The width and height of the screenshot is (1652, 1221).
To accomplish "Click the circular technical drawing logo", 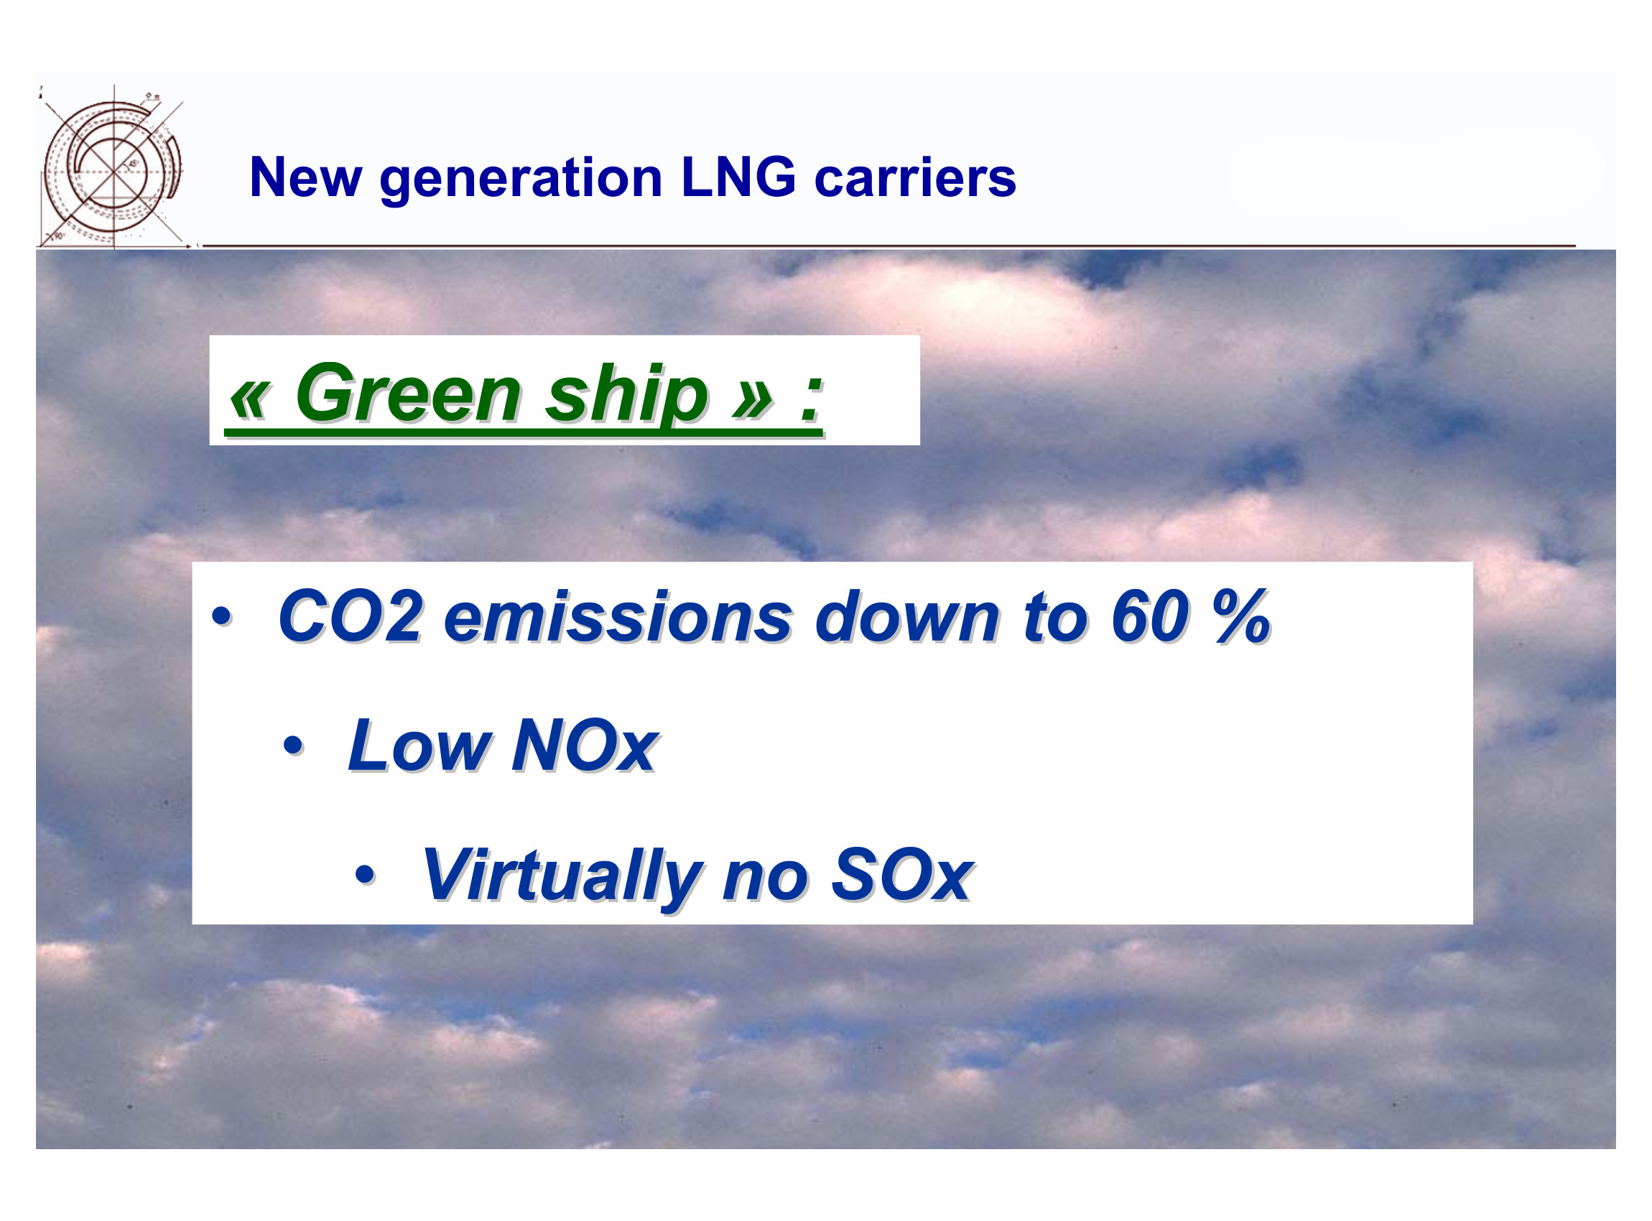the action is point(112,167).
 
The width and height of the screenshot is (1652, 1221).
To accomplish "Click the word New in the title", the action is point(305,177).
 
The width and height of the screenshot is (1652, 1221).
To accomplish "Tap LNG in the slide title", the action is point(738,177).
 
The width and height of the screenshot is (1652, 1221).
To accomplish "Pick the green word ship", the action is point(627,399).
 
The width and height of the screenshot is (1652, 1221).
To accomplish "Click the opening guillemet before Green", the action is point(249,403).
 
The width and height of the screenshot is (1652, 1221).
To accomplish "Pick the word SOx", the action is point(901,875).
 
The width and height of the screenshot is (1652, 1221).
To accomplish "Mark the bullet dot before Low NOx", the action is point(294,746).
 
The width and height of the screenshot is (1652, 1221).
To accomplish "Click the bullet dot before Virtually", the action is point(365,875).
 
